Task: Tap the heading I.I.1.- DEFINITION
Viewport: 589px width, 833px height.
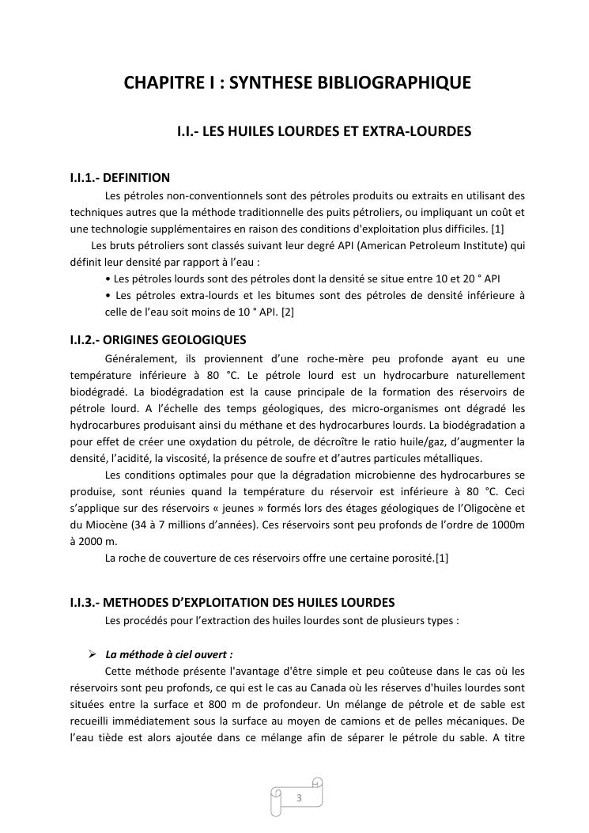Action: pos(120,178)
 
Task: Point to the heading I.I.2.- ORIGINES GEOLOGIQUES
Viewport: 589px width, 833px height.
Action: pos(158,340)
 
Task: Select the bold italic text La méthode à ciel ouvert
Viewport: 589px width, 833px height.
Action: pos(169,654)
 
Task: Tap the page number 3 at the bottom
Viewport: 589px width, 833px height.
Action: pos(299,797)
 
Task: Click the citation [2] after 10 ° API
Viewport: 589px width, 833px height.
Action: pos(288,312)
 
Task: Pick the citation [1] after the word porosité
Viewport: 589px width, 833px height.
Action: pos(442,558)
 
